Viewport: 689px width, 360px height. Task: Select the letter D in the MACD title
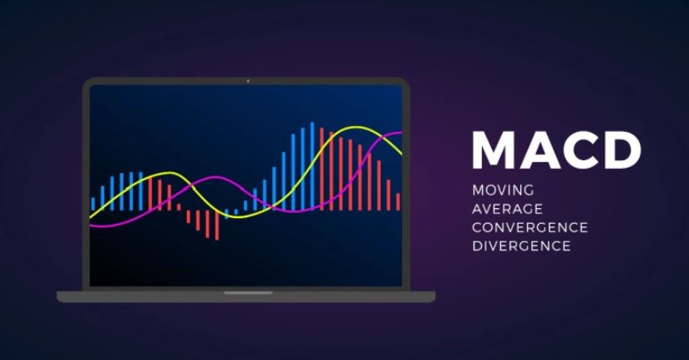[623, 150]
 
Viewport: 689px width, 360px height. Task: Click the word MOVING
[503, 190]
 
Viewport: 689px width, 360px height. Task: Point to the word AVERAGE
[507, 208]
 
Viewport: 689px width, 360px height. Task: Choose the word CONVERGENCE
[529, 227]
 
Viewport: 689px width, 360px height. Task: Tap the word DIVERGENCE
[521, 246]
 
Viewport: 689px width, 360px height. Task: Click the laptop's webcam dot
[247, 81]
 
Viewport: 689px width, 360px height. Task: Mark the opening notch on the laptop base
[247, 293]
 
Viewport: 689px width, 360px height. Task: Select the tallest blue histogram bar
[312, 166]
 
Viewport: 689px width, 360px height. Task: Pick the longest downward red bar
[217, 225]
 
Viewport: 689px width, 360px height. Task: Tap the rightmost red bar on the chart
[398, 201]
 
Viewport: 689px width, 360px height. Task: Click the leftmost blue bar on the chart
[93, 204]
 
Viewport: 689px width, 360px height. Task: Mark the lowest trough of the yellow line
[234, 216]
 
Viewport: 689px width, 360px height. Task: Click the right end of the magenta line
[401, 133]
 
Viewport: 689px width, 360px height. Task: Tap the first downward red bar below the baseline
[188, 216]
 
